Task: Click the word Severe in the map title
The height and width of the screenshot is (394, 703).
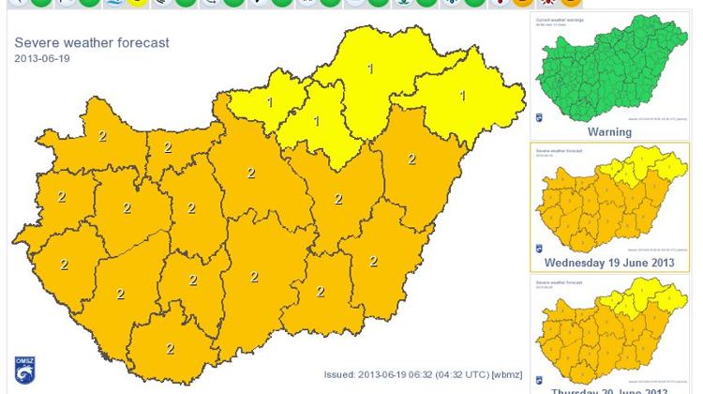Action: (37, 43)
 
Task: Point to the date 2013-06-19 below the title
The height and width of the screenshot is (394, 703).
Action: (41, 59)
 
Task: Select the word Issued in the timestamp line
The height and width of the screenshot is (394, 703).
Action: (339, 374)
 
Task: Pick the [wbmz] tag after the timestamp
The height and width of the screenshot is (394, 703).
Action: (506, 374)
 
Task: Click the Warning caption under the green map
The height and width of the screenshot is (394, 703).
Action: (609, 132)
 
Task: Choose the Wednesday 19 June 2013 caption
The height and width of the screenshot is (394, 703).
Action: (609, 263)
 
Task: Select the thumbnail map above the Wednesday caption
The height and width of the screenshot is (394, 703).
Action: (610, 204)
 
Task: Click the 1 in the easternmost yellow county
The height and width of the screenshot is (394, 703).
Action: (463, 96)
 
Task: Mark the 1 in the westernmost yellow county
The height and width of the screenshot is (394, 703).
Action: (270, 102)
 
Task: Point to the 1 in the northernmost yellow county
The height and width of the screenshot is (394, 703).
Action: (370, 68)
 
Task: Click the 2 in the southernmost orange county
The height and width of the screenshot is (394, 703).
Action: (171, 349)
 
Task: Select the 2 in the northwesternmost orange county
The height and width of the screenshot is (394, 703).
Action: (102, 137)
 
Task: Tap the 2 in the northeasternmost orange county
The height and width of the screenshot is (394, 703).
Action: (411, 159)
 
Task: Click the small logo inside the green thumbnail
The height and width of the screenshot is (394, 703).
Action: (539, 118)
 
